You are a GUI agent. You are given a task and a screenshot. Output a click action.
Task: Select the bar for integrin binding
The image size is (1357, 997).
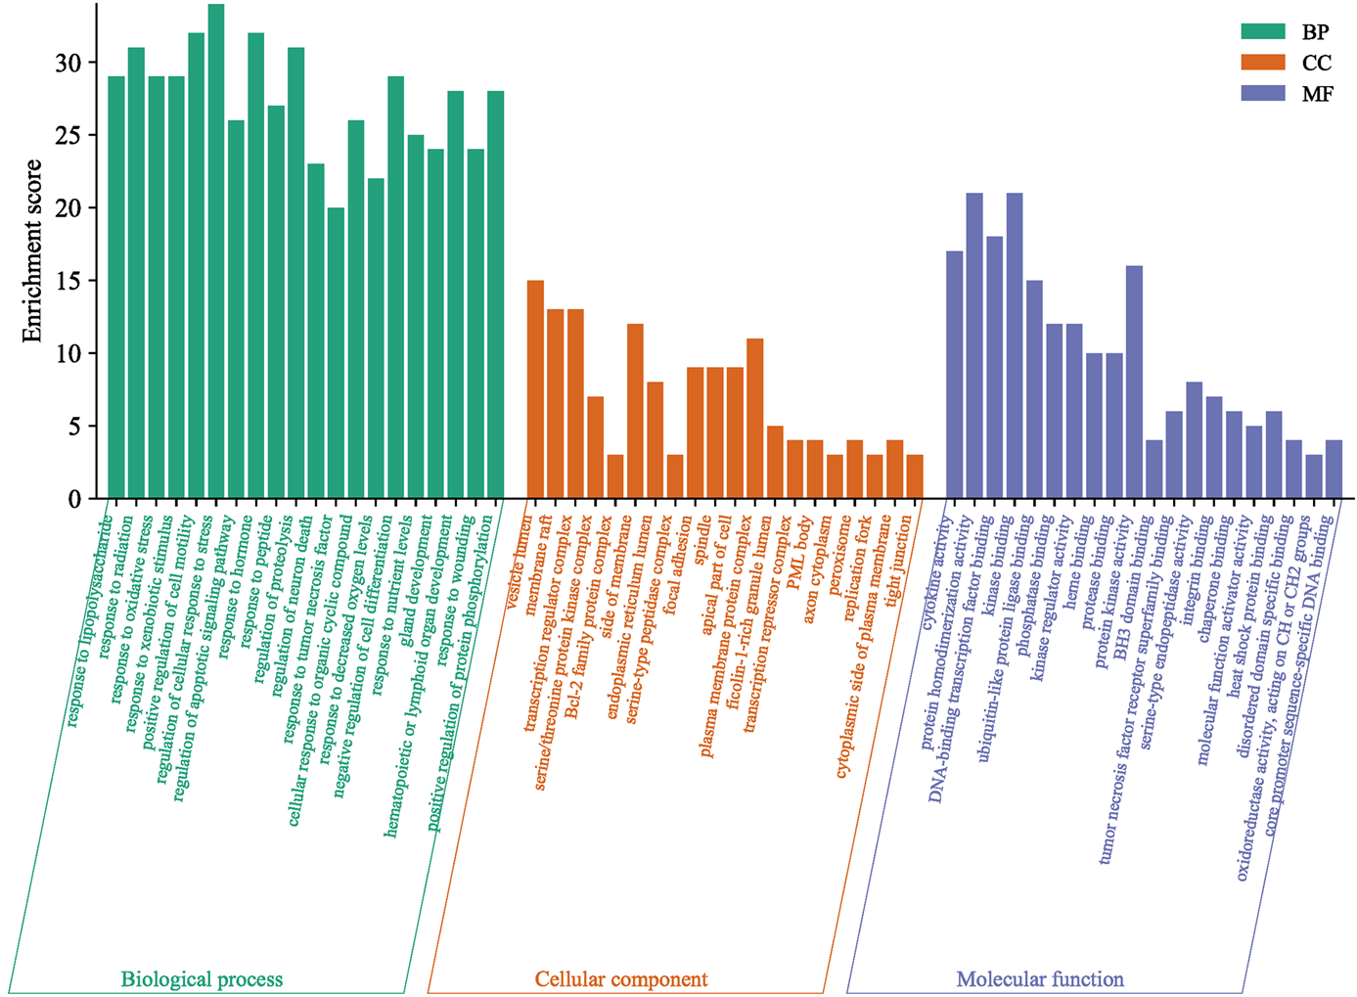tap(1194, 439)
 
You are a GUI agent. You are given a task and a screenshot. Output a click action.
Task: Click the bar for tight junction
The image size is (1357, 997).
tap(915, 476)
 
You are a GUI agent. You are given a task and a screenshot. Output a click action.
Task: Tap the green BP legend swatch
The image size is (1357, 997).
tap(1262, 31)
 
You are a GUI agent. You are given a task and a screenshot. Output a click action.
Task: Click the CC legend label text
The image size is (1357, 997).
tap(1316, 63)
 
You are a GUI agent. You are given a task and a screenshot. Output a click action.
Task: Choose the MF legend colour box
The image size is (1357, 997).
tap(1262, 93)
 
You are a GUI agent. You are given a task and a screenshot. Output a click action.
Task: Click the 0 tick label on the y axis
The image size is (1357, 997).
tap(75, 499)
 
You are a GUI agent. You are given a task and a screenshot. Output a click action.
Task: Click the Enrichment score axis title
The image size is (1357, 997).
tap(32, 250)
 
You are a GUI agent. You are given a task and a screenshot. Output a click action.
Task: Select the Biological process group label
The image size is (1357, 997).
tap(202, 979)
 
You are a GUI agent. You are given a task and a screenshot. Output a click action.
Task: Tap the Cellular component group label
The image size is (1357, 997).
tap(620, 979)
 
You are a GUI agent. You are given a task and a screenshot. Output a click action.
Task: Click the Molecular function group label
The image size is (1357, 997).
tap(1039, 979)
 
